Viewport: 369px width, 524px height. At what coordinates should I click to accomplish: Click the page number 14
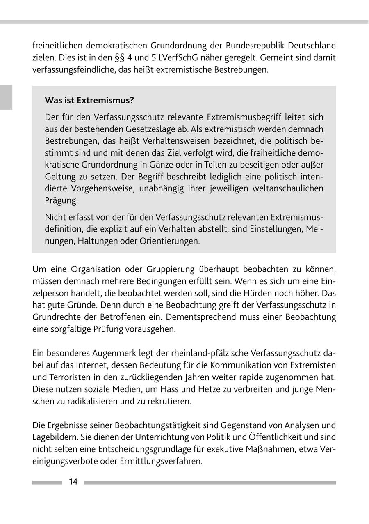[73, 482]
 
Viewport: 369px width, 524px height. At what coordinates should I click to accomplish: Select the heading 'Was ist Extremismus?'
[89, 100]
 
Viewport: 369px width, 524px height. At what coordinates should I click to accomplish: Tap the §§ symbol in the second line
[110, 57]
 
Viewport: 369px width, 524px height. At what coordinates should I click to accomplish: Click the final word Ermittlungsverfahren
[161, 461]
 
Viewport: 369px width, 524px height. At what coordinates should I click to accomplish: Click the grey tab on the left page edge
[6, 97]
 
